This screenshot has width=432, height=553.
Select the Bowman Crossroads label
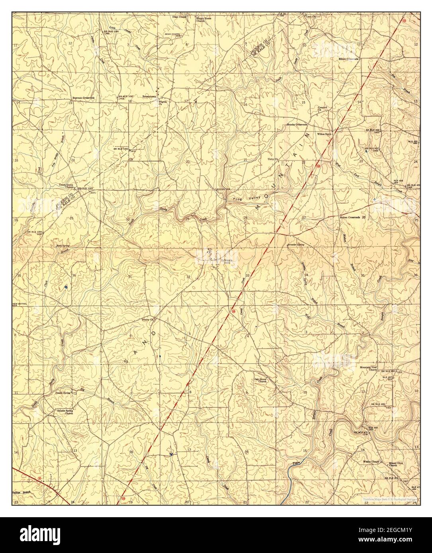[x=83, y=97]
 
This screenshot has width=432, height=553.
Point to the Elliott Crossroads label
[x=349, y=59]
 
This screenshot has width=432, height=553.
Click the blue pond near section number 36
[x=65, y=286]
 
